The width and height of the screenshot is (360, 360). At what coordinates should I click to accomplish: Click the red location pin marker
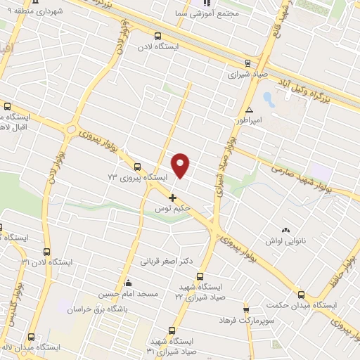(x=181, y=165)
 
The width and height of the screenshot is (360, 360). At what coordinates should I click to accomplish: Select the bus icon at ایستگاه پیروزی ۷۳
(x=136, y=167)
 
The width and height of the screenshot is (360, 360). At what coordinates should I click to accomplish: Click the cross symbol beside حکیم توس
(x=172, y=198)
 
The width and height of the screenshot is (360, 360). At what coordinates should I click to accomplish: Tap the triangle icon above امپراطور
(x=249, y=110)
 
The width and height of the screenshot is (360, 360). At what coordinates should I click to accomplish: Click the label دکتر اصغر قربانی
(x=167, y=261)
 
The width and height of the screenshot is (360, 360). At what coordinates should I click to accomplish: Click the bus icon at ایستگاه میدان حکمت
(x=301, y=295)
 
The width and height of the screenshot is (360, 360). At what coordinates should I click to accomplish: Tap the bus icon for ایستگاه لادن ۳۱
(x=47, y=252)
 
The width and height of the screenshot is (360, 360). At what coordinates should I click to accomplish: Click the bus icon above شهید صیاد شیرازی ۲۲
(x=200, y=276)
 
